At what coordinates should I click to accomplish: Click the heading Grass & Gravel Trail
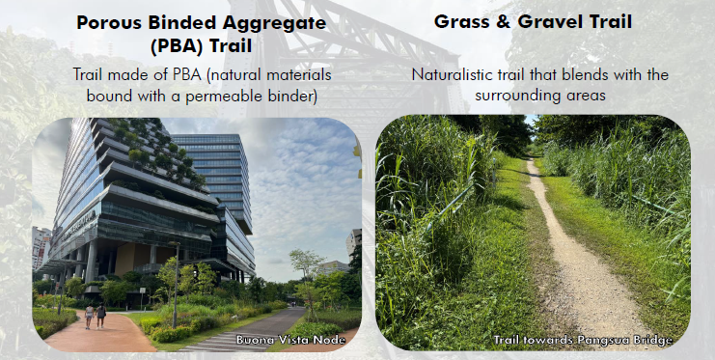point(533,21)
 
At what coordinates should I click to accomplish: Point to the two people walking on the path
point(95,316)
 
